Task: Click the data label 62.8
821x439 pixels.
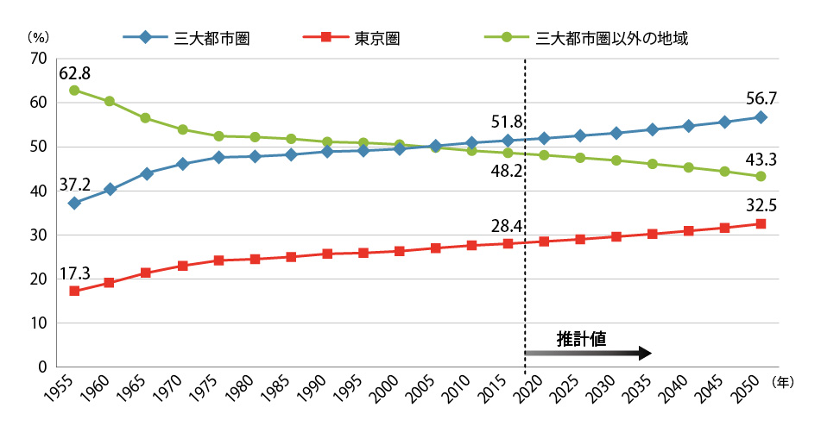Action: (75, 72)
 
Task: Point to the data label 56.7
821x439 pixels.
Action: (760, 99)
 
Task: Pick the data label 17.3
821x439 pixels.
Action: (75, 274)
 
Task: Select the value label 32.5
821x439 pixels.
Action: (760, 207)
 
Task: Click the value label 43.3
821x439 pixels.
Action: (760, 160)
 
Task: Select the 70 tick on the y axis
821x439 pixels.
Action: (37, 59)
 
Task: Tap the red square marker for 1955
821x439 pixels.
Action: (74, 291)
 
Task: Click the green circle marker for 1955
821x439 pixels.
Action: (74, 90)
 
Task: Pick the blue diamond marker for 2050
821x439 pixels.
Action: (761, 117)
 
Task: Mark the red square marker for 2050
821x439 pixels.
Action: (761, 223)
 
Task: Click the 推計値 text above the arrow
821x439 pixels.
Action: (582, 338)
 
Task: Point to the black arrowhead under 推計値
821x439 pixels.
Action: (644, 353)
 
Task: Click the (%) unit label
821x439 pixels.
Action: (37, 37)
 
